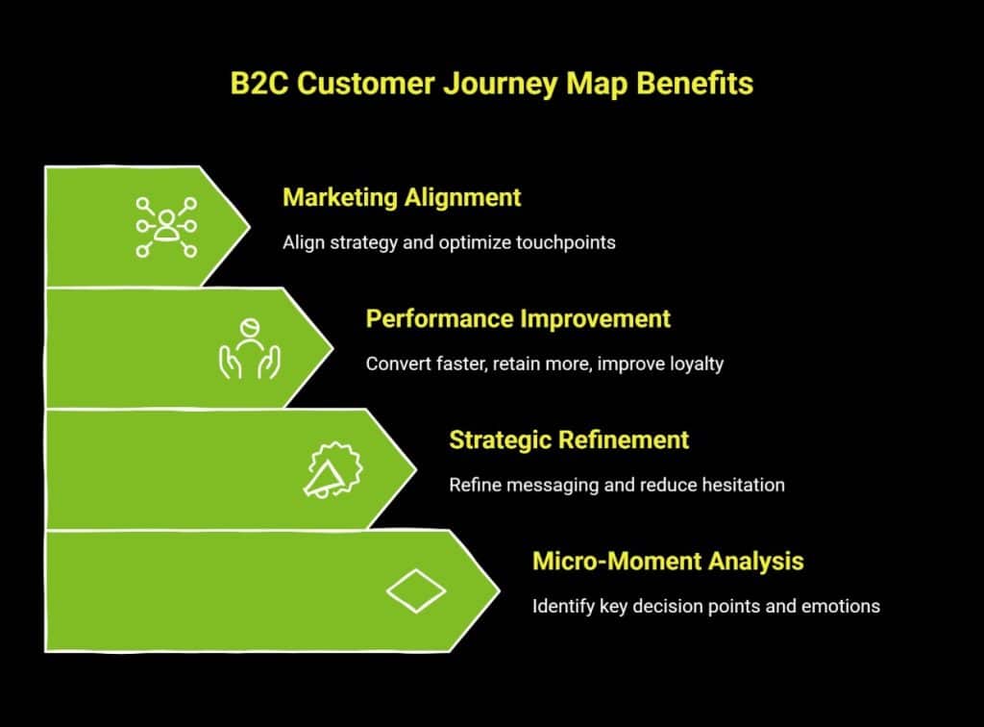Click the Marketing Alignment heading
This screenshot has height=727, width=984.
tap(402, 197)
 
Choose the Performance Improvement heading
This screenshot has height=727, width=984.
tap(518, 318)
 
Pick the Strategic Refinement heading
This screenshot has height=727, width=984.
tap(569, 439)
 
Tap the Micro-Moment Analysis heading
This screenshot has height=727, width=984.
tap(668, 561)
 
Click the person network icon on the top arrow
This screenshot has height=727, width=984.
tap(166, 227)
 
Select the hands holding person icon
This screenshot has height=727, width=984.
tap(249, 348)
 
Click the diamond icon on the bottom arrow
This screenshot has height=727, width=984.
tap(415, 590)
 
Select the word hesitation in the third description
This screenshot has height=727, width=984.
tap(741, 485)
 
